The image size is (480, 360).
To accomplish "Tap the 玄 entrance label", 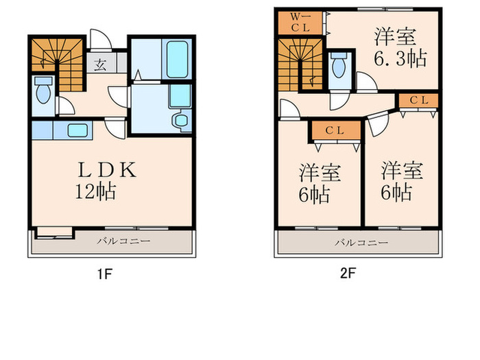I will pyautogui.click(x=100, y=67).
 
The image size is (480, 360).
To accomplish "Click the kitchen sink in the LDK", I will pyautogui.click(x=75, y=130).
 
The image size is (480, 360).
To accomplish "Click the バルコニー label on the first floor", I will pyautogui.click(x=122, y=241).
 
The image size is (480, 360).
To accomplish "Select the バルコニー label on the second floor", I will pyautogui.click(x=361, y=243).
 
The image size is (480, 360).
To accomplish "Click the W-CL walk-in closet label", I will pyautogui.click(x=300, y=23).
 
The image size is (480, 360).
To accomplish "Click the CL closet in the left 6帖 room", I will pyautogui.click(x=334, y=130).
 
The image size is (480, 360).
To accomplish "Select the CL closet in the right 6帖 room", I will pyautogui.click(x=418, y=100).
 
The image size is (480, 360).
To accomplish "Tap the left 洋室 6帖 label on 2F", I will pyautogui.click(x=315, y=183).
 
